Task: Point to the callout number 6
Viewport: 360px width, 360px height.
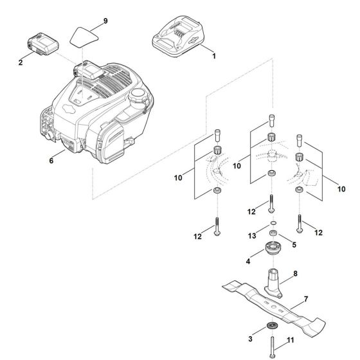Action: (51, 161)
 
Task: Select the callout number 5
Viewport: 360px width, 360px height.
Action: (295, 244)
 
